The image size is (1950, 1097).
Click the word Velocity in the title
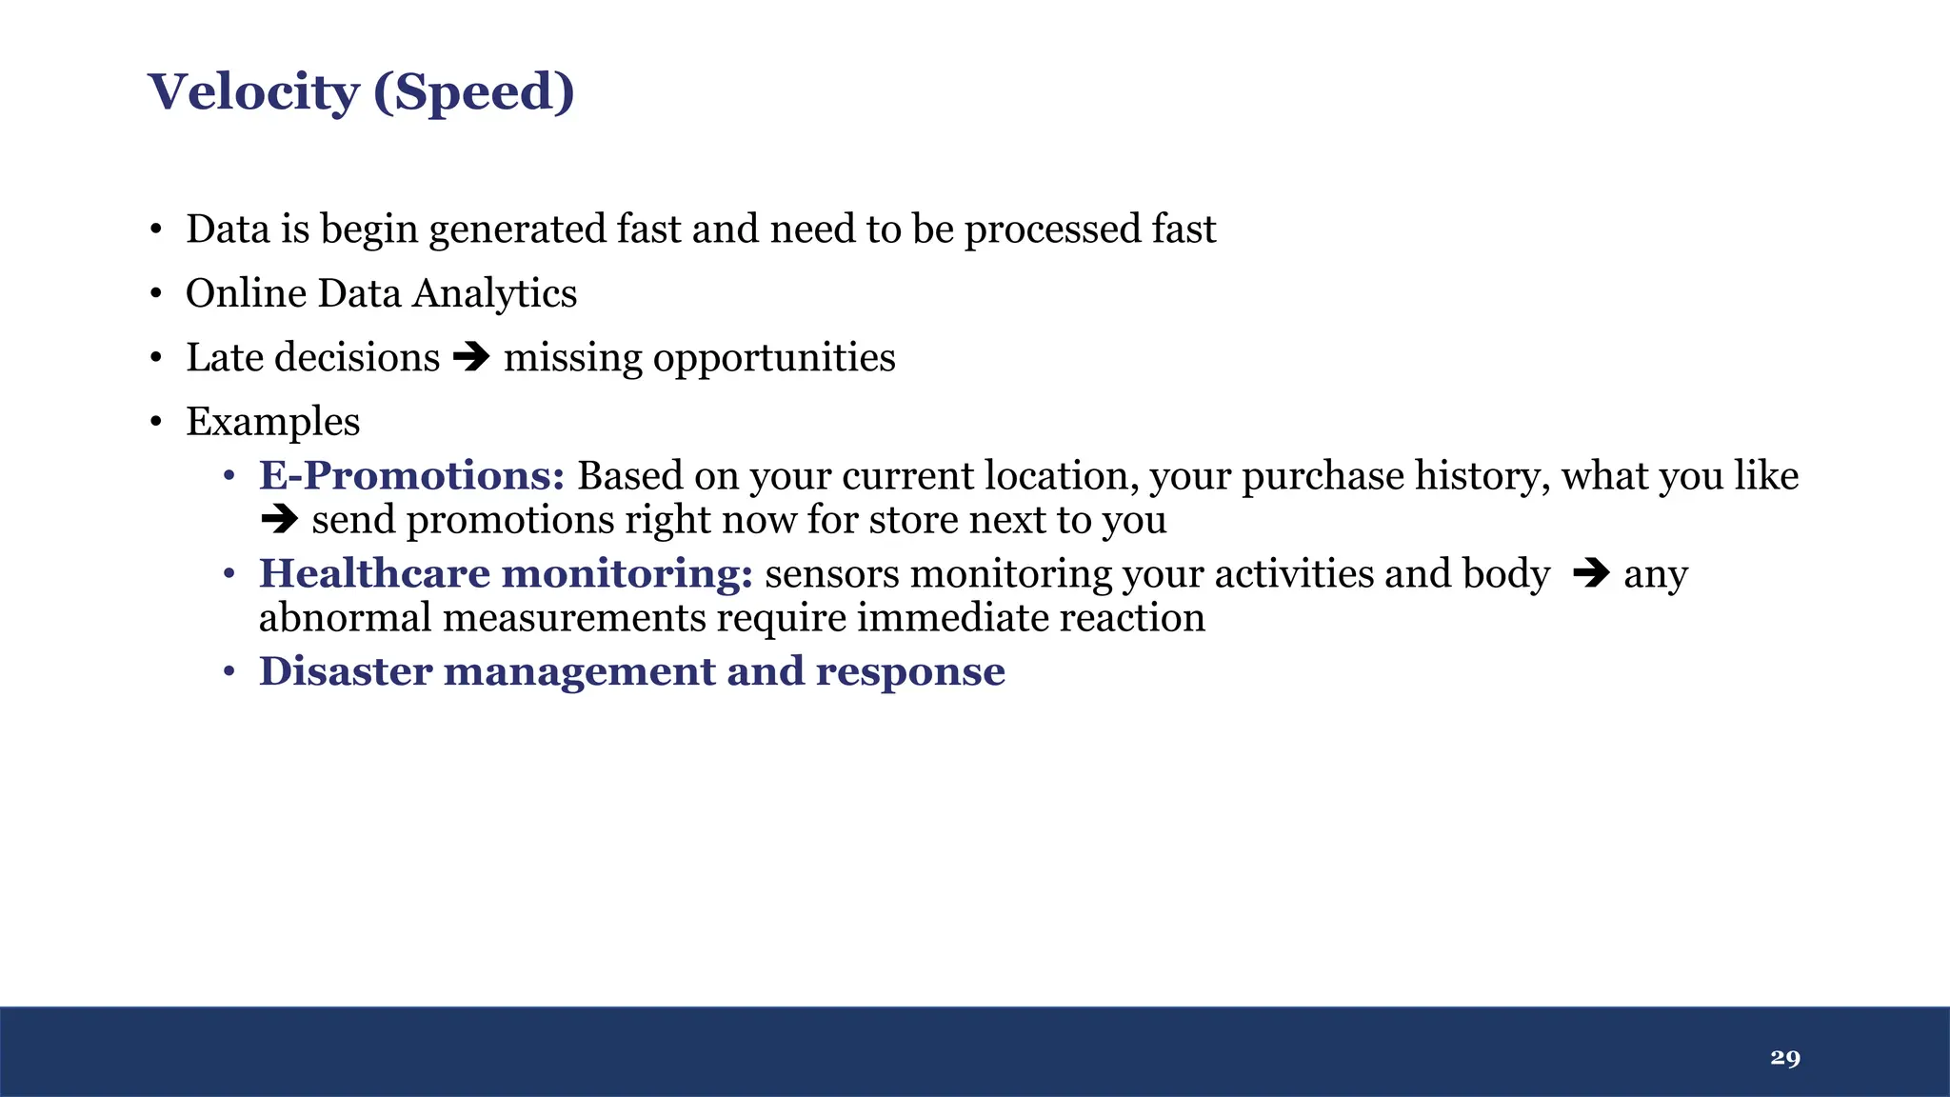[x=253, y=92]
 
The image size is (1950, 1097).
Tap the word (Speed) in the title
[x=474, y=92]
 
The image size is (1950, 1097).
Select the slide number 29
[x=1785, y=1057]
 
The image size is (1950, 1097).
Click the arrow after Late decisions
[x=471, y=357]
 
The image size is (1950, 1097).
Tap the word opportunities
[x=774, y=358]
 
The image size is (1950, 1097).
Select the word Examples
[x=273, y=422]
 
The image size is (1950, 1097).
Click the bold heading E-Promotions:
[x=412, y=475]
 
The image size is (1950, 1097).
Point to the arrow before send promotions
[x=279, y=520]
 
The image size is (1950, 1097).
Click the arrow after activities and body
[x=1590, y=573]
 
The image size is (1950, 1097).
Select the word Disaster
[x=346, y=671]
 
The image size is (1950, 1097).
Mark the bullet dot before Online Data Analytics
[x=156, y=294]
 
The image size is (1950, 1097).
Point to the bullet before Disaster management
[x=229, y=672]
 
